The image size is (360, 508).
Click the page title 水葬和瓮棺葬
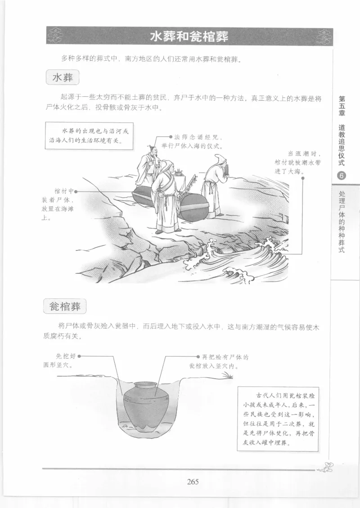point(189,36)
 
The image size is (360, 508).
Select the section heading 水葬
point(63,78)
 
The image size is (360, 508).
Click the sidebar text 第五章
point(342,104)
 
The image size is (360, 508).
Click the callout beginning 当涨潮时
point(292,162)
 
